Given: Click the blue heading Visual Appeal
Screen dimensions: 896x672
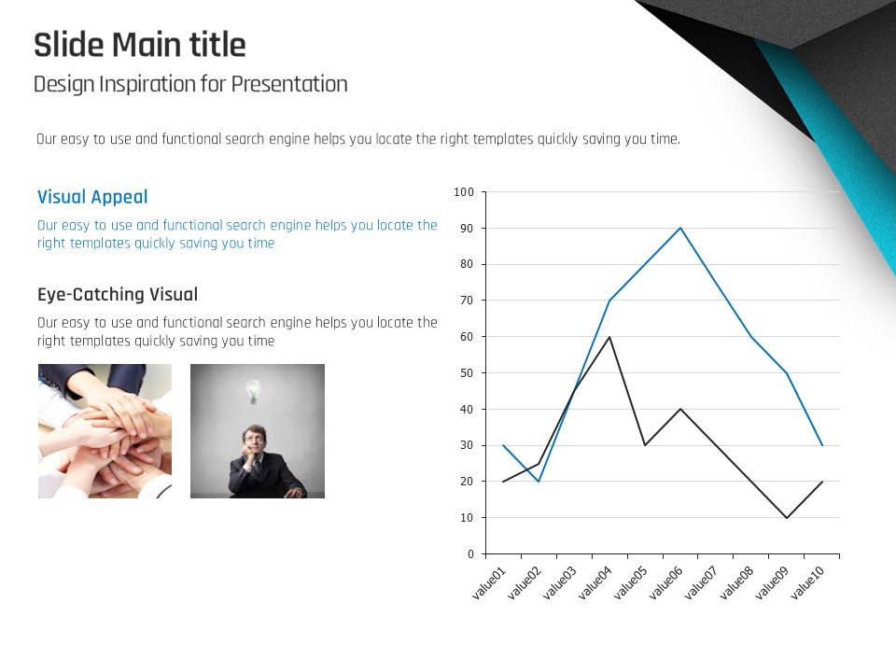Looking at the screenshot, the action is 92,197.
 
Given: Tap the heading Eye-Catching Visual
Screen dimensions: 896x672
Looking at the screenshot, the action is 118,294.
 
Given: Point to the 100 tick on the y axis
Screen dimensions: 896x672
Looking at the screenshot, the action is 464,192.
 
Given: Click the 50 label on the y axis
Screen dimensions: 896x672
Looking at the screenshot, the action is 467,373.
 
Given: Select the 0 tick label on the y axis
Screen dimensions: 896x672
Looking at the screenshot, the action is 470,553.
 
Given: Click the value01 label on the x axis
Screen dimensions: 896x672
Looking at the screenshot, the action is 489,582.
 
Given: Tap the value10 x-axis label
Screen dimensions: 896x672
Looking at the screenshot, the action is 808,582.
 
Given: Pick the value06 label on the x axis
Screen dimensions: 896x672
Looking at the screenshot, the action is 666,582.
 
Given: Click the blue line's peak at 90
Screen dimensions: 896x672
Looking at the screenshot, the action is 680,228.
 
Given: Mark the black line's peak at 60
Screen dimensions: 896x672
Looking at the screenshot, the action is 609,337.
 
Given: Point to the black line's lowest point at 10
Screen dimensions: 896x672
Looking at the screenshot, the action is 787,518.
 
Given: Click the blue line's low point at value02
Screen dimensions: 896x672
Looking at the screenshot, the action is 539,482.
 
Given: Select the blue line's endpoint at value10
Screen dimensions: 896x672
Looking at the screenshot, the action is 822,445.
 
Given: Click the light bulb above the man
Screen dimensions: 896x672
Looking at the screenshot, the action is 253,391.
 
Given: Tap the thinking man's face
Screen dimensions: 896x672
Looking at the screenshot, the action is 253,440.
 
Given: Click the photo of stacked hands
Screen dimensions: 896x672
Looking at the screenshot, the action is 105,431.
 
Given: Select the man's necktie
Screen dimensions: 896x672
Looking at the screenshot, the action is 258,468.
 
